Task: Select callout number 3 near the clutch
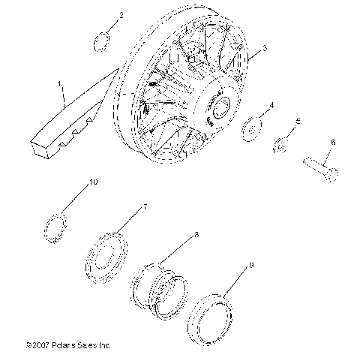264,49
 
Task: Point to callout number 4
271,106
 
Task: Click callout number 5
298,122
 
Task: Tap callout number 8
196,235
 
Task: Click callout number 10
93,182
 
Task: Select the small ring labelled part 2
103,41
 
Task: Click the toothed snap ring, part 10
55,227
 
